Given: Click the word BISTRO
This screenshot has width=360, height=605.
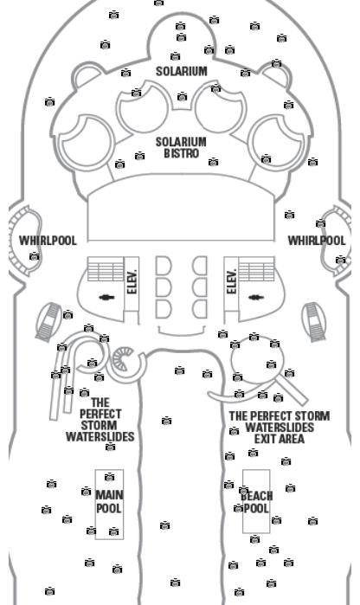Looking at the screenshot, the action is click(182, 153).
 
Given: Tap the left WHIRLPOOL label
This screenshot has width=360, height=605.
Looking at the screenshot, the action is click(48, 241).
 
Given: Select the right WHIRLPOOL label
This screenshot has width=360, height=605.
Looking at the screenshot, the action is click(317, 241).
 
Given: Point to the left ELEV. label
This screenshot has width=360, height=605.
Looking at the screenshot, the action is click(132, 281).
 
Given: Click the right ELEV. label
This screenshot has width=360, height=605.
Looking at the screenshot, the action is click(232, 281).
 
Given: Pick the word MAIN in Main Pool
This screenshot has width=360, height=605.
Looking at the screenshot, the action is click(110, 495).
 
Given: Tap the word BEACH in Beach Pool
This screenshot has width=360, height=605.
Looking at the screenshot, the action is click(257, 496).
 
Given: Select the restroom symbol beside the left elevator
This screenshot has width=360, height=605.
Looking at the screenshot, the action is click(106, 298).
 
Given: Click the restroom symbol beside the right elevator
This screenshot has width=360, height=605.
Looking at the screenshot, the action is click(256, 298).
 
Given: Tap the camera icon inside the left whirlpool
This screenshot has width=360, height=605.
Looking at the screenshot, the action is click(35, 256).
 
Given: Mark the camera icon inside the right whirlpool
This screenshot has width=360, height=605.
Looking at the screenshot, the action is click(340, 260).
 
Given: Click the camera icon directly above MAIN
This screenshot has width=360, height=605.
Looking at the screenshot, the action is click(110, 477).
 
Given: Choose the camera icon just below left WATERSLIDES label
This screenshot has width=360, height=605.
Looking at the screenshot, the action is click(111, 447).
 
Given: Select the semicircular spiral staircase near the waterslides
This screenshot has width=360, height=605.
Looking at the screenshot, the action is click(123, 359).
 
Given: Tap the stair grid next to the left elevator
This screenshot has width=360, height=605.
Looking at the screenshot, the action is click(106, 269).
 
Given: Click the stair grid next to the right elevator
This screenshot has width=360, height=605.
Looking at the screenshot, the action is click(257, 269).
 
